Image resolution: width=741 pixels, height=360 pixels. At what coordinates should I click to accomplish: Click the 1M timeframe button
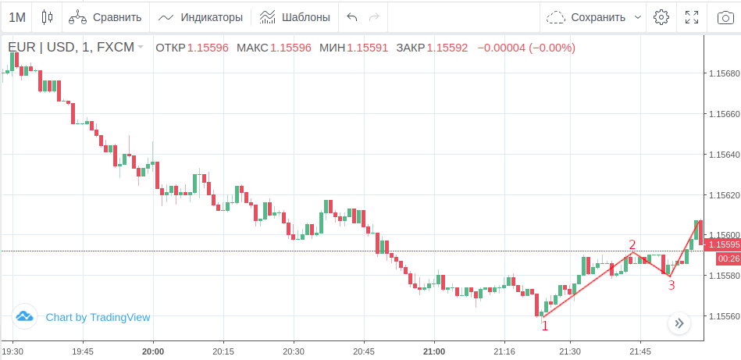click(17, 16)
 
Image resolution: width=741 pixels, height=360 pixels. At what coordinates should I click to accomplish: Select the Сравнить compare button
click(105, 16)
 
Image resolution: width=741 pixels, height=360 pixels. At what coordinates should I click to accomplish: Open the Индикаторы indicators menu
click(201, 16)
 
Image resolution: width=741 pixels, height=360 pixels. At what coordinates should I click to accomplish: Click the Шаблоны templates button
click(294, 16)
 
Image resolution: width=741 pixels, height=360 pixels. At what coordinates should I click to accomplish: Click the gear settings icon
click(661, 16)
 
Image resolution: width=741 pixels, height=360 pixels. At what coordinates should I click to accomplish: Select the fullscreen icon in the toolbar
click(691, 16)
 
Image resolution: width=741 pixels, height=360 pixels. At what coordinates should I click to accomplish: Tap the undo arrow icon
click(352, 16)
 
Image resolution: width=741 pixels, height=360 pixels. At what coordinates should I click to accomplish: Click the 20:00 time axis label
click(153, 351)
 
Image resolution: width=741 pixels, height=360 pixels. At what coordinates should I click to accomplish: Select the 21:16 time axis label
click(504, 351)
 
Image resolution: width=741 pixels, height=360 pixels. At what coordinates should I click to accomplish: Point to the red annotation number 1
click(545, 326)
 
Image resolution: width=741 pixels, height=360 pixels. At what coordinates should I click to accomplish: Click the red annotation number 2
click(632, 245)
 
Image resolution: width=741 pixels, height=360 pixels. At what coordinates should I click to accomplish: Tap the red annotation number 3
click(671, 285)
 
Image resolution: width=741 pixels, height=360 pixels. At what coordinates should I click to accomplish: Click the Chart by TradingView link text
click(98, 317)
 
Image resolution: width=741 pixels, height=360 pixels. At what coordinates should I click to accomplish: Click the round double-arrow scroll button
click(679, 323)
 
